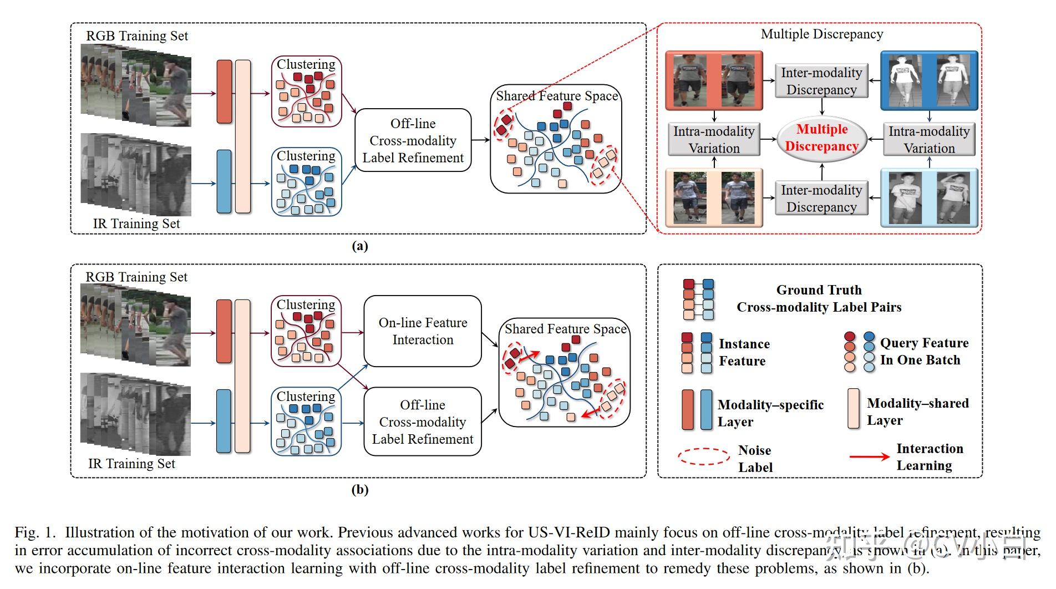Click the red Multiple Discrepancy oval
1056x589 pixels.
tap(821, 138)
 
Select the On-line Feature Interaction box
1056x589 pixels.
tap(423, 331)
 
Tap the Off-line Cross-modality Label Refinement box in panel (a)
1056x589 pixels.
tap(413, 140)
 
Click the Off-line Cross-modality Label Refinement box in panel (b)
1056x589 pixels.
tap(423, 422)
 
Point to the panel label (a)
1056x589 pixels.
tap(360, 246)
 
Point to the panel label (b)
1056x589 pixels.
tap(360, 490)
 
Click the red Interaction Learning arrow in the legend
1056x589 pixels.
tap(869, 457)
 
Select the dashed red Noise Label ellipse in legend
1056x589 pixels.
tap(704, 456)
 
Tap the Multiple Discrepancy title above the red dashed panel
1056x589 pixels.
tap(821, 34)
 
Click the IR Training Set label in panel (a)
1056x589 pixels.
tap(136, 224)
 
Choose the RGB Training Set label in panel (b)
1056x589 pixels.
tap(136, 277)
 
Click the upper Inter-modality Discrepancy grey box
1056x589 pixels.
tap(821, 81)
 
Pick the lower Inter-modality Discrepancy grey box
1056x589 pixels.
tap(821, 199)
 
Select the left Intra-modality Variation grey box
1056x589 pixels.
tap(714, 140)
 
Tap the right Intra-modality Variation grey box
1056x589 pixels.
tap(929, 140)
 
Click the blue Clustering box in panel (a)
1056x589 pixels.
tap(306, 181)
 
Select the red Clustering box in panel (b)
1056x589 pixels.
tap(306, 331)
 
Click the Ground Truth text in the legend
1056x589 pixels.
tap(819, 290)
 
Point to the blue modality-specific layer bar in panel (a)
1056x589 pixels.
tap(224, 181)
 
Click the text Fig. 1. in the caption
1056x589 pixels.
tap(35, 533)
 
